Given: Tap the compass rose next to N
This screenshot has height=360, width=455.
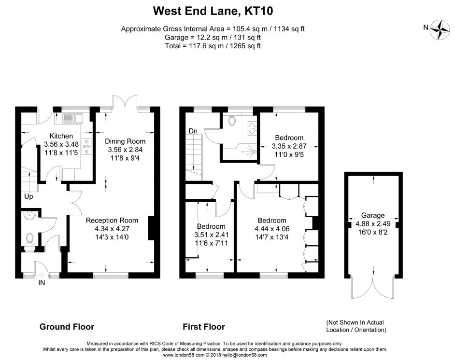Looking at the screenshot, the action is click(x=441, y=28).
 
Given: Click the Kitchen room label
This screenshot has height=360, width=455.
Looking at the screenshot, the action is click(x=62, y=136).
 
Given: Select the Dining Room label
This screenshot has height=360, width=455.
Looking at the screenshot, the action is click(x=125, y=141).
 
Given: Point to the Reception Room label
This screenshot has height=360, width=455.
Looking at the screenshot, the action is click(x=112, y=221).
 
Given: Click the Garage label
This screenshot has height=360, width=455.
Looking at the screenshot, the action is click(x=373, y=215).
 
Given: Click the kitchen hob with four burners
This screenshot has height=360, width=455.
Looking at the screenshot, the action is click(x=87, y=146).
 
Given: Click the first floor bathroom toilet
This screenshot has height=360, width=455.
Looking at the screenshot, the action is click(x=230, y=121).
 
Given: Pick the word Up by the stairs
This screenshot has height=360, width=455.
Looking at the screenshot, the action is click(x=29, y=196).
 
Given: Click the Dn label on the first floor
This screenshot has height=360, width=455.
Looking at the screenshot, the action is click(x=193, y=131).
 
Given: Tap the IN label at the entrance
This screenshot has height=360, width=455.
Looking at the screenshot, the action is click(x=42, y=283).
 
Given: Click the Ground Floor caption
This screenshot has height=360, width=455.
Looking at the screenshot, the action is click(x=67, y=327).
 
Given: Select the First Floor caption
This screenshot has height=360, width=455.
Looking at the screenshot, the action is click(x=204, y=327).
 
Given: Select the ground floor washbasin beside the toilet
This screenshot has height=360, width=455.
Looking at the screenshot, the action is click(x=29, y=216).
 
